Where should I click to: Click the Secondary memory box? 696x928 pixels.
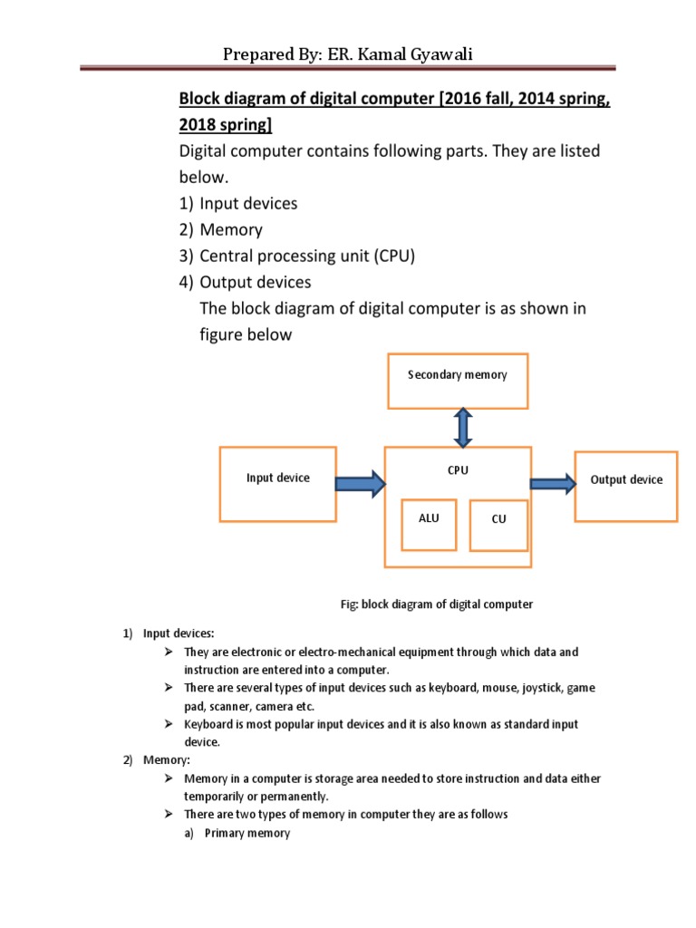[x=457, y=381]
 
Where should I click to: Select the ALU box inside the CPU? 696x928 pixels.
[x=428, y=524]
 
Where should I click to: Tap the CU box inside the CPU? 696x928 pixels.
[x=498, y=525]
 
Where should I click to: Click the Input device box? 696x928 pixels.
[x=277, y=483]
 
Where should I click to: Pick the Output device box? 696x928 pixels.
[x=625, y=485]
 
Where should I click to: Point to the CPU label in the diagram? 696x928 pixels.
[x=457, y=470]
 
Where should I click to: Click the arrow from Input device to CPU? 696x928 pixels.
[x=361, y=484]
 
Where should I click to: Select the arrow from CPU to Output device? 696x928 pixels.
[x=552, y=484]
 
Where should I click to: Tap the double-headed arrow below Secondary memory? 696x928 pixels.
[x=463, y=427]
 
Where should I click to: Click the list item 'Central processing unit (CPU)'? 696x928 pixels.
[x=306, y=256]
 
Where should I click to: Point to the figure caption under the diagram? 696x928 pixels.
[x=437, y=604]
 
